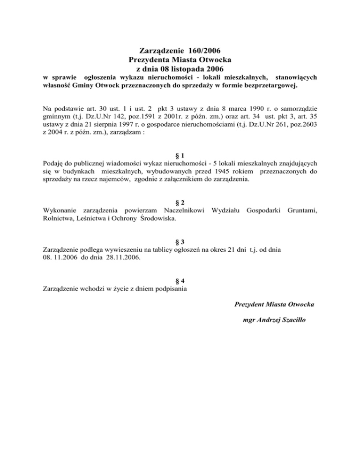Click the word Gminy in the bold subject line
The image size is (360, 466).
(83, 86)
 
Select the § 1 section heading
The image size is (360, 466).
(180, 156)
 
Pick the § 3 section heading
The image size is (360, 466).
(180, 241)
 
